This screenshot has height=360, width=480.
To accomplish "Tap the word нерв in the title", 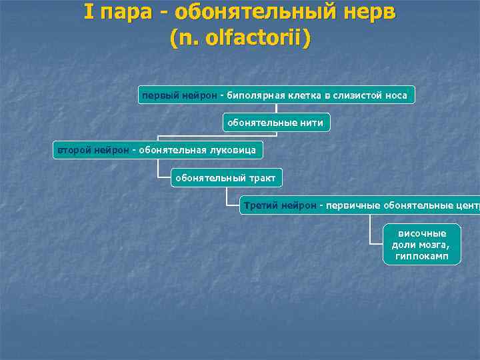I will coord(371,12).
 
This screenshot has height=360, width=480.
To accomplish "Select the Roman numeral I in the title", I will coord(89,12).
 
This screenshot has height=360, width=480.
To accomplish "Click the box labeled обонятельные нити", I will coord(275,123).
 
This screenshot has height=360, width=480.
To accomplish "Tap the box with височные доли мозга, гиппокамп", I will coord(422,245).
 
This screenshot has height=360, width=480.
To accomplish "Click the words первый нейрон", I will coord(179,95).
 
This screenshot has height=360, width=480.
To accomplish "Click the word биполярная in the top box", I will coord(255,95).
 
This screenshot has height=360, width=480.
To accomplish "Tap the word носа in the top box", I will coord(396,95).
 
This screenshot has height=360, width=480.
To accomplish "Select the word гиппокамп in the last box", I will coord(422,256).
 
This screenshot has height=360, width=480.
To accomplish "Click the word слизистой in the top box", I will coord(357,95).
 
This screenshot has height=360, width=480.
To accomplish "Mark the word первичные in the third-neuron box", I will coord(351,205).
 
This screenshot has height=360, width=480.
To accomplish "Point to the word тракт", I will coord(263,178).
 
